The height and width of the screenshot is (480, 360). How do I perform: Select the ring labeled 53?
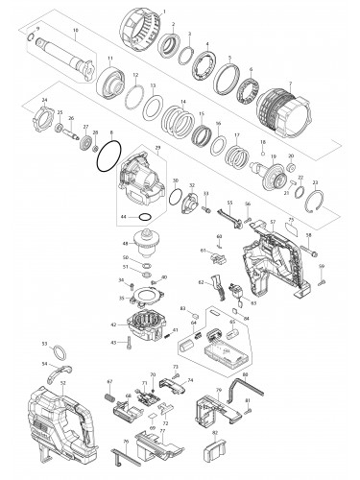click(57, 350)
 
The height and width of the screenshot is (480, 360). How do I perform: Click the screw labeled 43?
click(124, 343)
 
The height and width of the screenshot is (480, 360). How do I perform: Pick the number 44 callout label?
click(124, 217)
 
